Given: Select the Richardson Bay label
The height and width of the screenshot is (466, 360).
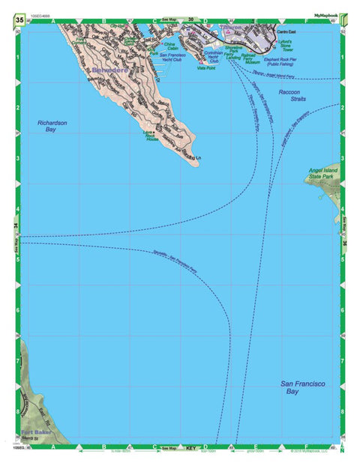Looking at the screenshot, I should click(x=52, y=126).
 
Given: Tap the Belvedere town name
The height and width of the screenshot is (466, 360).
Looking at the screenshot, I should click(x=111, y=70).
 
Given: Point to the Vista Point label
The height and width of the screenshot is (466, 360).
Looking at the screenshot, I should click(x=205, y=67).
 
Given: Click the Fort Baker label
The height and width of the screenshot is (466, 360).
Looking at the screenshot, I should click(x=35, y=433).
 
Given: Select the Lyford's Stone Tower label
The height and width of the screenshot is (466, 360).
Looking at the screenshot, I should click(x=304, y=46).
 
